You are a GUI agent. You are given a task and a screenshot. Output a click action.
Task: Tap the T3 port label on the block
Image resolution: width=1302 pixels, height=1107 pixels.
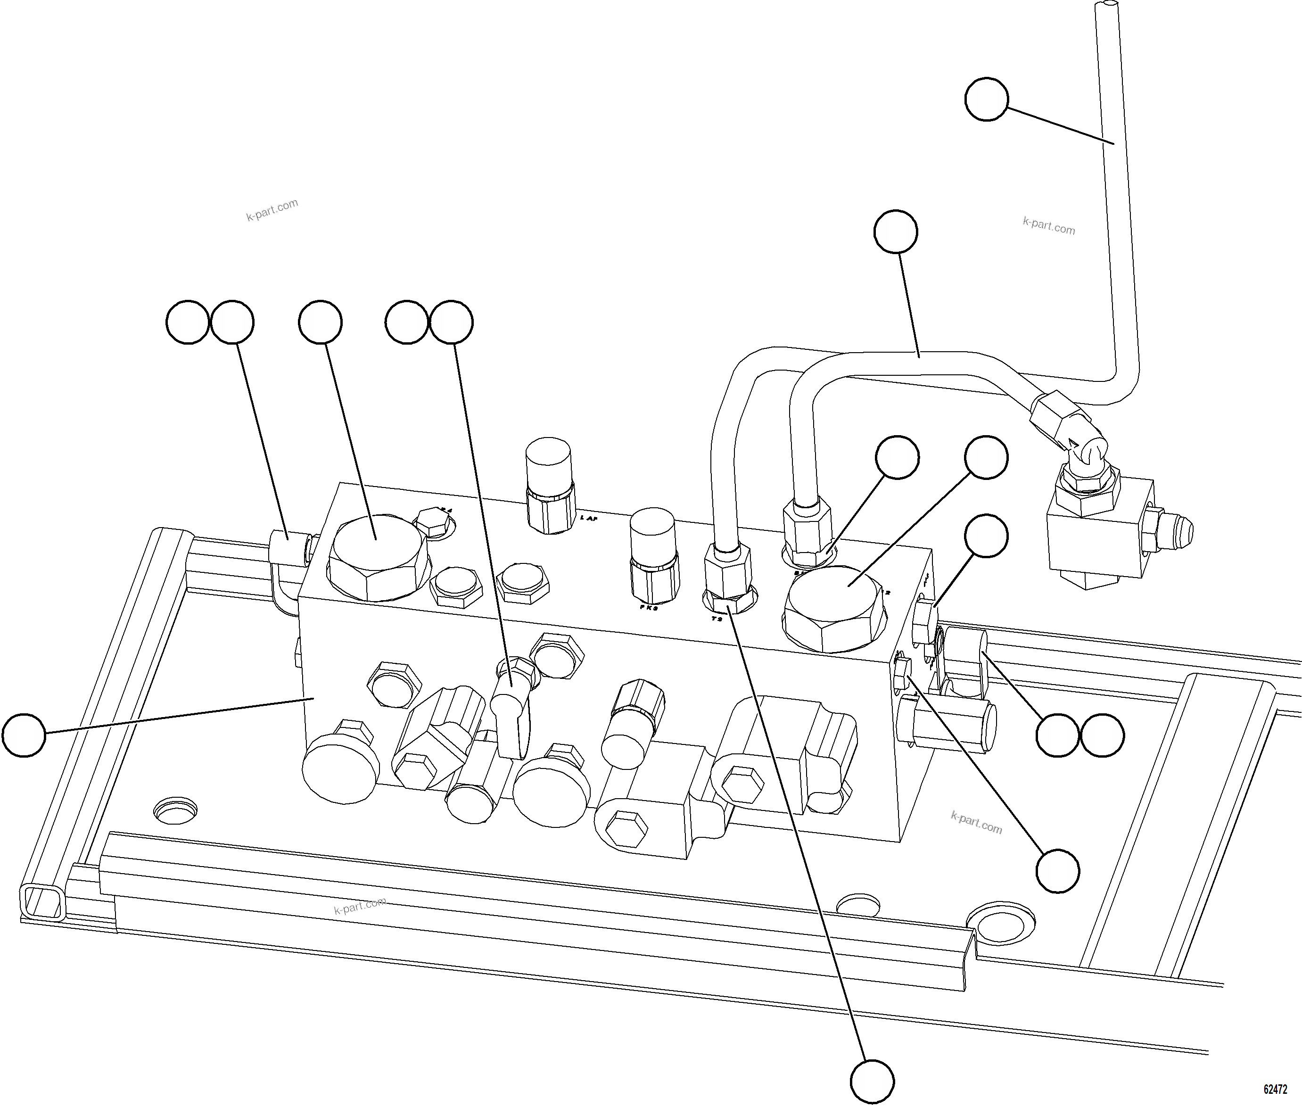click(717, 619)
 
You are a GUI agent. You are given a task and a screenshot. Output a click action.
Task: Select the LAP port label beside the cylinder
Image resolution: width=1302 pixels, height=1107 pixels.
click(589, 518)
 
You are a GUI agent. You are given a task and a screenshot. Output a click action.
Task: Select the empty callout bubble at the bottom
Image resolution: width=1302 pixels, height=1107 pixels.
click(872, 1081)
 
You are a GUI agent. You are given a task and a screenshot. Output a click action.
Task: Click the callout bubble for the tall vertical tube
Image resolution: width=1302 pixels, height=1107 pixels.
click(986, 99)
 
